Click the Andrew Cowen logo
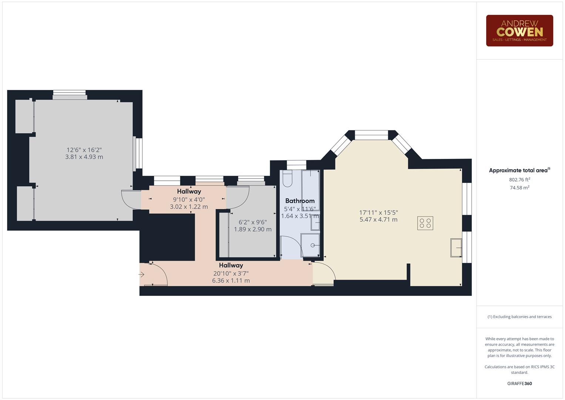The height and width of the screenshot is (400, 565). (519, 31)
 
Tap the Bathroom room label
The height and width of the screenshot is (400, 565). (300, 201)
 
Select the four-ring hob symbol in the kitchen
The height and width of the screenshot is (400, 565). (425, 223)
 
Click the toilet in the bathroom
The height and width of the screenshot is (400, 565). (287, 179)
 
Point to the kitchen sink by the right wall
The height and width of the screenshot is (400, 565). (456, 248)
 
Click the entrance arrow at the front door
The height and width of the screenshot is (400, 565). (142, 274)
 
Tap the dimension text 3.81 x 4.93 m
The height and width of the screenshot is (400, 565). (84, 157)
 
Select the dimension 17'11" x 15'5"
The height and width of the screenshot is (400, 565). (378, 213)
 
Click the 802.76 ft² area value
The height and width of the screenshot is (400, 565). (519, 180)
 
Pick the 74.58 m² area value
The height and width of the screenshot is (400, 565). (519, 188)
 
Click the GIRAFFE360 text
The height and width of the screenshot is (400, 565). (519, 383)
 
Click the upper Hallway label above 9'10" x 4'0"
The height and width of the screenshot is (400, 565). (189, 191)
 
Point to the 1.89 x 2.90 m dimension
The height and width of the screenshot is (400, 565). (253, 229)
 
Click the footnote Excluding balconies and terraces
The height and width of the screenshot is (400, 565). (519, 317)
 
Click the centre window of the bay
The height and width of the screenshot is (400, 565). (371, 135)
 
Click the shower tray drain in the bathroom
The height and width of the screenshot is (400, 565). (313, 245)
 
